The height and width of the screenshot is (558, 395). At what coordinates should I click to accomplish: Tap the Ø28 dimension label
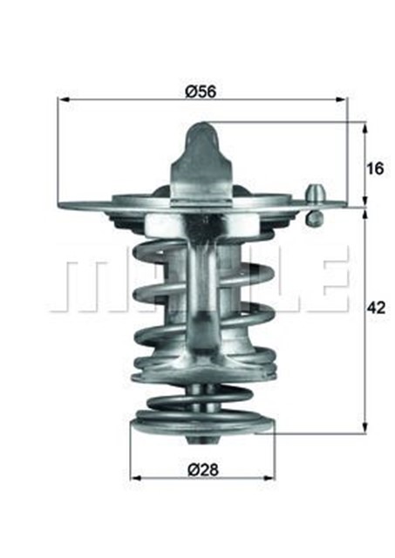click(201, 469)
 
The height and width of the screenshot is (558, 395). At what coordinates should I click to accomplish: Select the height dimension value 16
click(374, 168)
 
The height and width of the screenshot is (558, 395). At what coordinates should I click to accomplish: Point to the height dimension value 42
click(376, 307)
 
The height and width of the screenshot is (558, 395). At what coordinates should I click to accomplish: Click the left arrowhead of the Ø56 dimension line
click(62, 99)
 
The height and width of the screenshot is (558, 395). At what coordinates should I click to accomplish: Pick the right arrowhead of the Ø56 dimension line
click(343, 99)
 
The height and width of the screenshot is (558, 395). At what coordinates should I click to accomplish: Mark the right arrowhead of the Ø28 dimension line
click(271, 479)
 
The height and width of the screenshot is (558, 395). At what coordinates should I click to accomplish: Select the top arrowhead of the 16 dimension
click(364, 127)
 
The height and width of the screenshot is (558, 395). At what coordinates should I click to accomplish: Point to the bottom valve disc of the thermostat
click(201, 429)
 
